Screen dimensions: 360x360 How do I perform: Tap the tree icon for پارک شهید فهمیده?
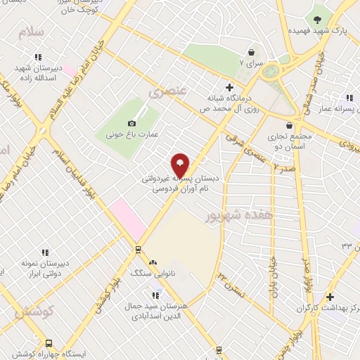coord(317,19)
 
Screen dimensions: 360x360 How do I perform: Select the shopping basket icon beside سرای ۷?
coord(251,51)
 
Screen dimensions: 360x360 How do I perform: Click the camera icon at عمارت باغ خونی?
coord(131,123)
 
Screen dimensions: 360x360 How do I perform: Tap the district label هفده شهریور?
coord(233,216)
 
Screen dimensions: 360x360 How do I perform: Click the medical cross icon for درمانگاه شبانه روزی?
coord(229,86)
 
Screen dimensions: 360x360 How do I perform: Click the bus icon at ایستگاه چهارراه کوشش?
coord(49,343)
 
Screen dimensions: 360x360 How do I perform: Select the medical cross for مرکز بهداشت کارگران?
coord(330,297)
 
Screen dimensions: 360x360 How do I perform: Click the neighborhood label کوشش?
coord(32,311)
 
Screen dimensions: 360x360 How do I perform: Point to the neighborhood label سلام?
coord(32,33)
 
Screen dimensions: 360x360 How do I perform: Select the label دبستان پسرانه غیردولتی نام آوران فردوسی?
coord(181,184)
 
